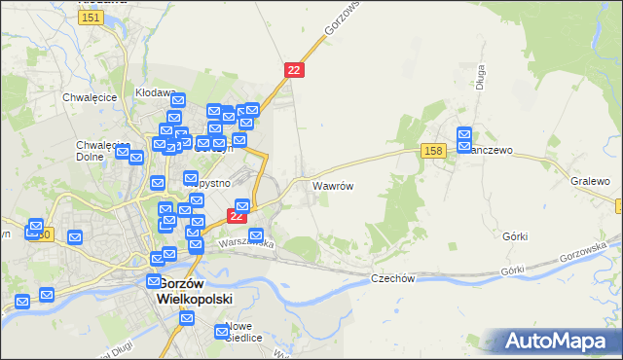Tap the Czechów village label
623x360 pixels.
pyautogui.click(x=393, y=278)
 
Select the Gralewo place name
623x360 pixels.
pyautogui.click(x=590, y=182)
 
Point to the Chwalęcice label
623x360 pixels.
pyautogui.click(x=90, y=97)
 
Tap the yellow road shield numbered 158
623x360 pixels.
pyautogui.click(x=434, y=150)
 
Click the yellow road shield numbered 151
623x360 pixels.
pyautogui.click(x=92, y=18)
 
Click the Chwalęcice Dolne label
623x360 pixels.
pyautogui.click(x=96, y=151)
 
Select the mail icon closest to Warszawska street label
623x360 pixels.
pyautogui.click(x=257, y=235)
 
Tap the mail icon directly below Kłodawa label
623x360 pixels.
pyautogui.click(x=177, y=101)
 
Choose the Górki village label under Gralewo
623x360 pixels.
pyautogui.click(x=515, y=236)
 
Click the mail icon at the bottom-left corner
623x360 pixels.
pyautogui.click(x=22, y=302)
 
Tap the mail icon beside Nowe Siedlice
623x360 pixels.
pyautogui.click(x=220, y=333)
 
